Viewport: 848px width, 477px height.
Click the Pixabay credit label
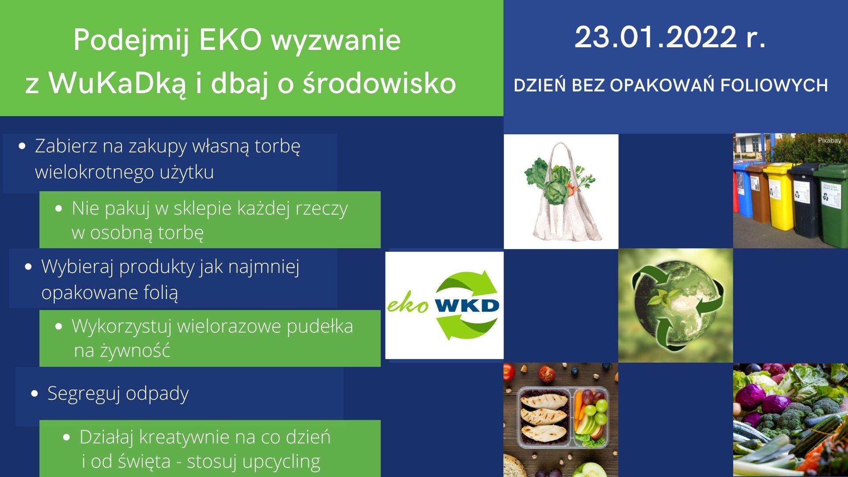pos(829,140)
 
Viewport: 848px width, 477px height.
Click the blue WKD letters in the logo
pos(467,306)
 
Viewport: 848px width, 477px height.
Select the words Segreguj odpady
pos(118,394)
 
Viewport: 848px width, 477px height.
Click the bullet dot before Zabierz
pos(23,146)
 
